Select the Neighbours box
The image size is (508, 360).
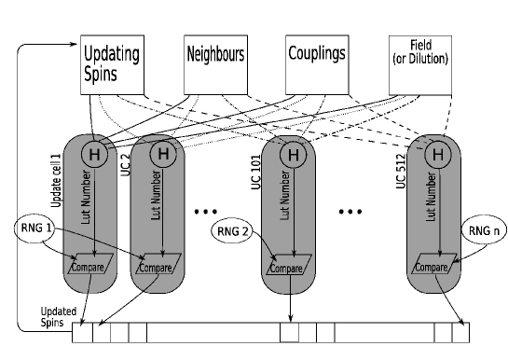coord(216,64)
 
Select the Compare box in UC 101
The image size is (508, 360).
coord(293,266)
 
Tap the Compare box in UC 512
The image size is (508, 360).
coord(435,266)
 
